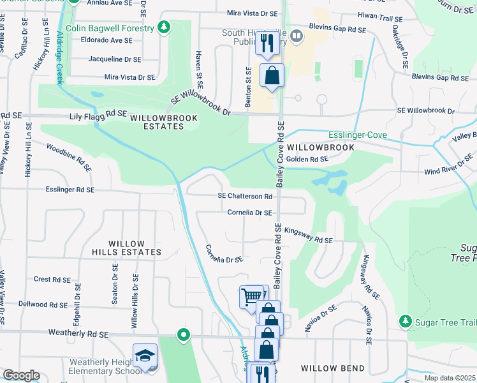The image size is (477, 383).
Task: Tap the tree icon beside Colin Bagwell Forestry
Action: [165, 27]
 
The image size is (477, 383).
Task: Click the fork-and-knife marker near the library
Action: [267, 43]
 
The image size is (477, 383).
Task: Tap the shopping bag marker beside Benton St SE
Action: [272, 75]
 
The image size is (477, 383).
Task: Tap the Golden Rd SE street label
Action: [307, 159]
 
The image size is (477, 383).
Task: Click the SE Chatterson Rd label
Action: [245, 197]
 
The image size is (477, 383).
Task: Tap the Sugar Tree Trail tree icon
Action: [403, 319]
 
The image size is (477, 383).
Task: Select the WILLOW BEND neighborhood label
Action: [332, 368]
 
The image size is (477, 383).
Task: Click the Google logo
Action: [21, 375]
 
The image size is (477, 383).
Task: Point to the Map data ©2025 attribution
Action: [450, 378]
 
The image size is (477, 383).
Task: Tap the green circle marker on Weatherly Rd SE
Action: [184, 334]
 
